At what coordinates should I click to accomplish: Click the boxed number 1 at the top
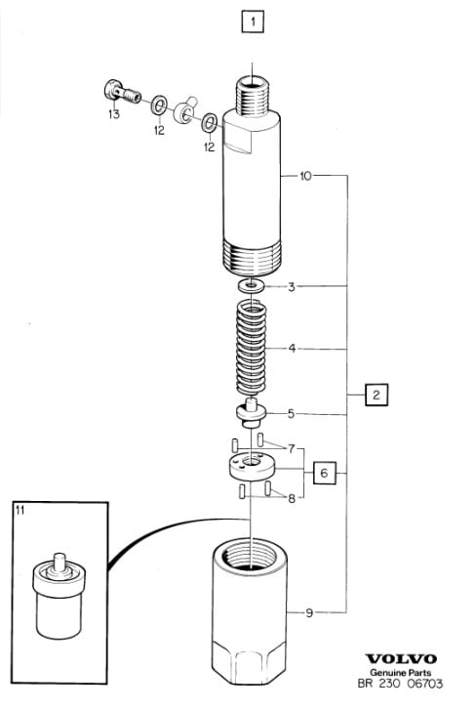[x=253, y=21]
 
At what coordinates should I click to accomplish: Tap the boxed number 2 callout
[x=376, y=395]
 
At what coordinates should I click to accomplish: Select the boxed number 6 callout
[x=325, y=473]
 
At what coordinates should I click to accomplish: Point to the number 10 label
[x=306, y=176]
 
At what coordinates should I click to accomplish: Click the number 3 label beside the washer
[x=292, y=286]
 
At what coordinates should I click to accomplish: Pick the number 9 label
[x=309, y=613]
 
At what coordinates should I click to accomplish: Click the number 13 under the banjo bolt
[x=114, y=113]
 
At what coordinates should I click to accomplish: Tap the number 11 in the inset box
[x=20, y=511]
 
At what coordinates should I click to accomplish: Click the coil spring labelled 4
[x=252, y=348]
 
